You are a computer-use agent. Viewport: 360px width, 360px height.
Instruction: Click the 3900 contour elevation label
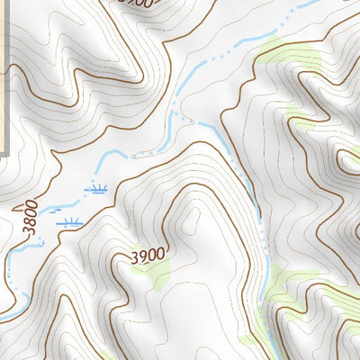click(148, 256)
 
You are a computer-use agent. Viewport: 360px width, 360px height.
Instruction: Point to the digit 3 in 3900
click(134, 256)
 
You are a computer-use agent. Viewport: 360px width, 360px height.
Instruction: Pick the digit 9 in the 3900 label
click(142, 256)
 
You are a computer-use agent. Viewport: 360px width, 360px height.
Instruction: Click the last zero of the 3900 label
click(160, 255)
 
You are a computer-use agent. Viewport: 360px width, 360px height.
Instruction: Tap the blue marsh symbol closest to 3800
click(69, 220)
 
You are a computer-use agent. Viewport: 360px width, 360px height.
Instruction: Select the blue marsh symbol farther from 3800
click(96, 188)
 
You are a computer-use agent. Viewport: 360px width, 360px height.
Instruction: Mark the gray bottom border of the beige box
click(4, 154)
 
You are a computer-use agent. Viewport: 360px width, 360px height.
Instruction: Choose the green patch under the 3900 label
click(158, 276)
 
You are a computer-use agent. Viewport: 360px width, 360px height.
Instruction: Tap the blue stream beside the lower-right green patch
click(261, 279)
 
